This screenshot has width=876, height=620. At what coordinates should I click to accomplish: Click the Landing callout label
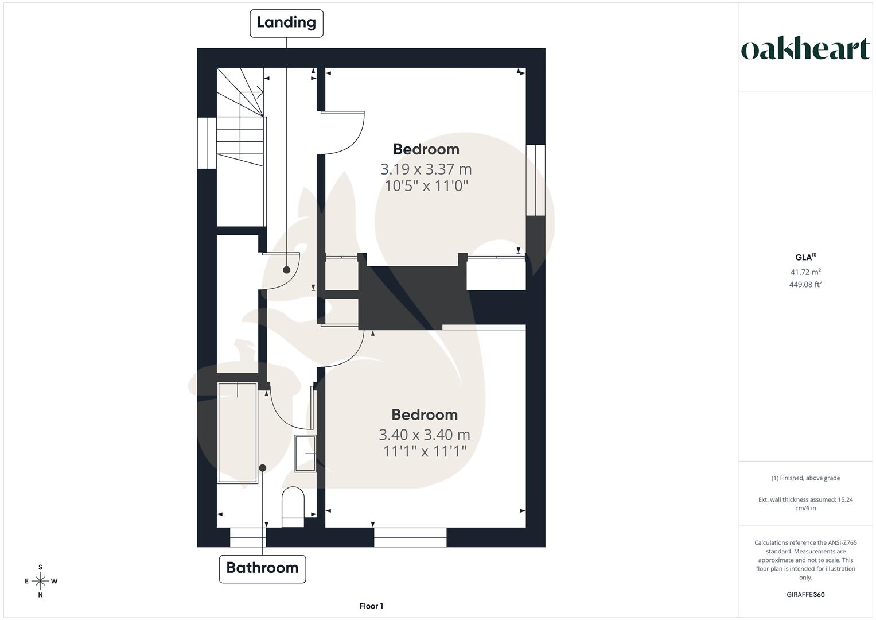tap(286, 23)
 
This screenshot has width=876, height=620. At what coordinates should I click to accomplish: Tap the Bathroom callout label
tap(262, 568)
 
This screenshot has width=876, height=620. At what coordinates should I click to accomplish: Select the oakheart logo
tap(805, 49)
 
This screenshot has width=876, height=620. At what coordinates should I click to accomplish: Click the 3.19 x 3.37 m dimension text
tap(426, 169)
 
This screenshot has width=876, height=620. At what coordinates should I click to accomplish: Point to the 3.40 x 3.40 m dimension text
tap(425, 435)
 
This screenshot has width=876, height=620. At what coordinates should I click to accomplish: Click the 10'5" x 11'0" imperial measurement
tap(426, 186)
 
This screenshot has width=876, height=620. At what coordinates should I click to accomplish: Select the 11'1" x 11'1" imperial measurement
tap(425, 452)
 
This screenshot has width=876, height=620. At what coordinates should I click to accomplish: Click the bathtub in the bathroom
tap(238, 433)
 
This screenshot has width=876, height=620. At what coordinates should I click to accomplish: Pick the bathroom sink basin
tap(305, 454)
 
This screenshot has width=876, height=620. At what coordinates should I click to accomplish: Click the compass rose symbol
tap(40, 581)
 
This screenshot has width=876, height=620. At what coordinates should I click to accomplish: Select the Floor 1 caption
tap(371, 606)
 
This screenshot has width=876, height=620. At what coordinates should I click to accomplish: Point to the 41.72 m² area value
tap(805, 272)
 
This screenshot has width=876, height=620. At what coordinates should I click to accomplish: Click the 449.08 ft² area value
tap(805, 284)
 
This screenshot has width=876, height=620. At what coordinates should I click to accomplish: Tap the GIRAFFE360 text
tap(805, 595)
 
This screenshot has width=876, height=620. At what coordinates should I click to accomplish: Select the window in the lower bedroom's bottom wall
tap(410, 537)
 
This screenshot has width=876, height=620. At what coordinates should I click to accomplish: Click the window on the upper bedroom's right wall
tap(536, 180)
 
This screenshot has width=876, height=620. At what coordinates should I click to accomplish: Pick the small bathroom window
tap(248, 537)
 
